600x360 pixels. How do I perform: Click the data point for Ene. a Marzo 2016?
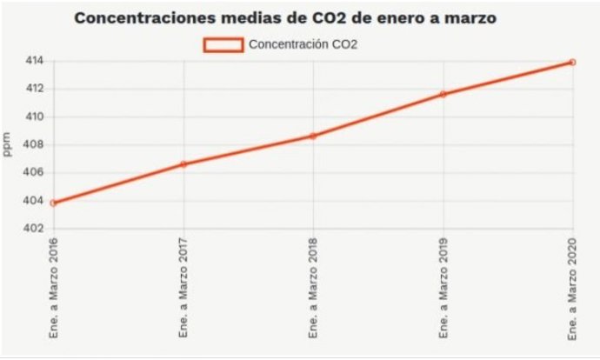pyautogui.click(x=53, y=203)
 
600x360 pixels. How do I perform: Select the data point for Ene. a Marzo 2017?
pyautogui.click(x=183, y=163)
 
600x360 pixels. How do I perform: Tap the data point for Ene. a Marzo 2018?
pyautogui.click(x=313, y=136)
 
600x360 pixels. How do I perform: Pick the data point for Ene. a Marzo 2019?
pyautogui.click(x=443, y=94)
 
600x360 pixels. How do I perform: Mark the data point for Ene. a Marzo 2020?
pyautogui.click(x=572, y=62)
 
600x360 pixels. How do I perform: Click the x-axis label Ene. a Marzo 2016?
pyautogui.click(x=54, y=288)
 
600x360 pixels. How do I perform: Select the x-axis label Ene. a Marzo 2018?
pyautogui.click(x=313, y=288)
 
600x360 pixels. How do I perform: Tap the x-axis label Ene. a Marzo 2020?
pyautogui.click(x=573, y=288)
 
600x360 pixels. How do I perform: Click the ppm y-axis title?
pyautogui.click(x=9, y=144)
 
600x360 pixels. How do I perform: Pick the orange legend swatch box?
pyautogui.click(x=223, y=44)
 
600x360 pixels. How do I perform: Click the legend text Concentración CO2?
pyautogui.click(x=303, y=44)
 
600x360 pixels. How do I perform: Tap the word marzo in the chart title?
pyautogui.click(x=470, y=17)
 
